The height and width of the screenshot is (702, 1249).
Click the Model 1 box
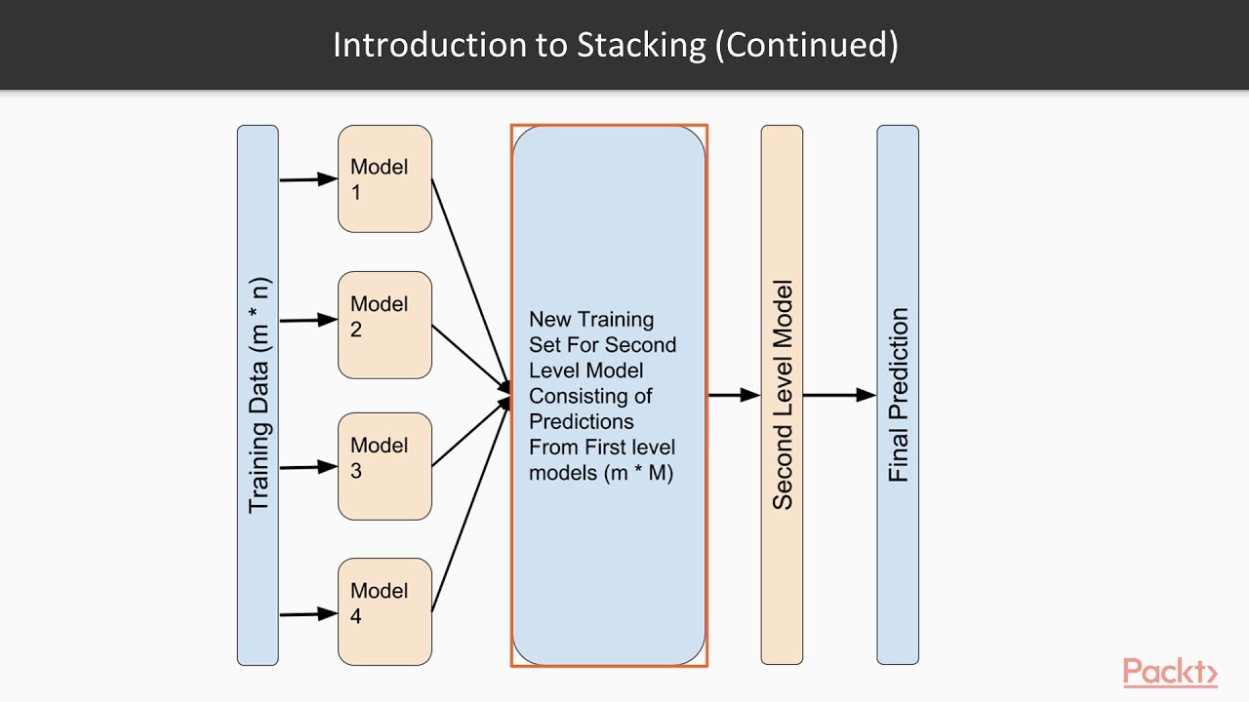[x=384, y=178]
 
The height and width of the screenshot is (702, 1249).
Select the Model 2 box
[x=384, y=325]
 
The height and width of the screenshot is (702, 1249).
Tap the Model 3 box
[x=384, y=466]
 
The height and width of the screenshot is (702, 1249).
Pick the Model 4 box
[x=384, y=611]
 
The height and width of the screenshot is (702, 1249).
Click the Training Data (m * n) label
[x=259, y=396]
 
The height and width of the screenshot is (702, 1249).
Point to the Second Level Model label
[x=782, y=395]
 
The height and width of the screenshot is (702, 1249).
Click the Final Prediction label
[x=898, y=395]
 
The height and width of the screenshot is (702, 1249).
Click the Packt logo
[x=1169, y=673]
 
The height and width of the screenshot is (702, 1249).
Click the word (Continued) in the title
[x=807, y=45]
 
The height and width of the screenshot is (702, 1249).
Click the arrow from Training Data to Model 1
[x=307, y=179]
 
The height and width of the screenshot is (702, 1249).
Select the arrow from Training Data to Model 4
[x=307, y=614]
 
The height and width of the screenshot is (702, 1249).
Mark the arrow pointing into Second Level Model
[x=734, y=395]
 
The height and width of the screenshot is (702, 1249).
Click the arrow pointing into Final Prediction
[x=839, y=395]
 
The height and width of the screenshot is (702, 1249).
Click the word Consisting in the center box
[x=578, y=396]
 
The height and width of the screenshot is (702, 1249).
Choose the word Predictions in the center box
[x=582, y=421]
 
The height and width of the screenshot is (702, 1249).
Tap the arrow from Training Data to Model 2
[x=307, y=320]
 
